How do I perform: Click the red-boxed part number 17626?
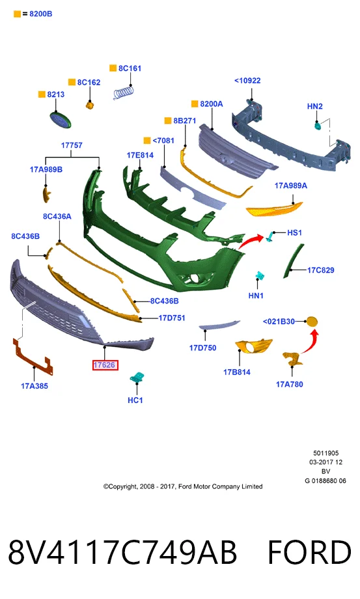pos(105,365)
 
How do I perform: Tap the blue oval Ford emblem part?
pos(61,120)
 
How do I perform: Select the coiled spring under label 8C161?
pos(124,92)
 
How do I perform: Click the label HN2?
pos(315,106)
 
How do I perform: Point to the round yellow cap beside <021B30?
pos(312,322)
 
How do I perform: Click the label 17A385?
pos(35,386)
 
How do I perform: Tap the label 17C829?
pos(321,270)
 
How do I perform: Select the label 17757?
pos(72,145)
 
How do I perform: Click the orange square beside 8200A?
pos(194,104)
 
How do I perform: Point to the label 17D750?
pos(202,348)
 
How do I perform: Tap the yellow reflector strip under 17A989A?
pos(274,208)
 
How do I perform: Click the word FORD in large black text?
pos(309,552)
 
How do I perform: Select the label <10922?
pos(247,81)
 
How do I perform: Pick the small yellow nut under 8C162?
pos(90,105)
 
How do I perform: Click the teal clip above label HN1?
pos(260,276)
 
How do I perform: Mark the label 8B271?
pos(185,120)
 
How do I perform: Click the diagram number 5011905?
pos(325,453)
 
